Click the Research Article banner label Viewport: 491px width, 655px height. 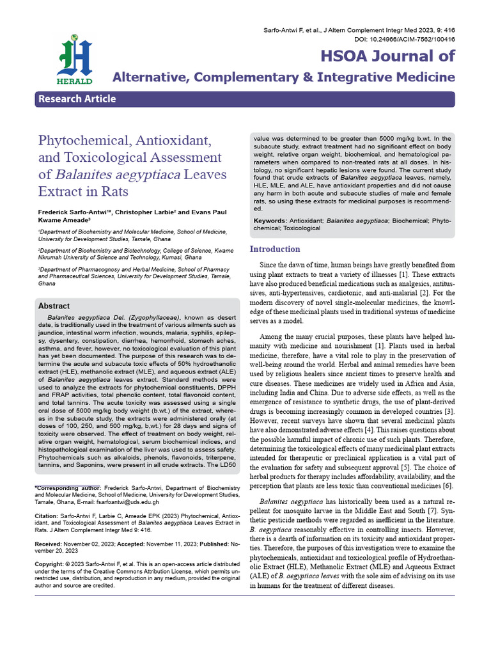pos(77,99)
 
